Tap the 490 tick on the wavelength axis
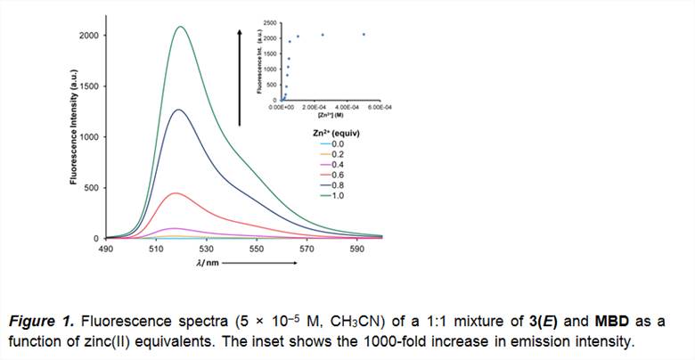[106, 250]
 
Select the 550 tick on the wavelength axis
[257, 250]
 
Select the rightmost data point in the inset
[364, 35]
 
